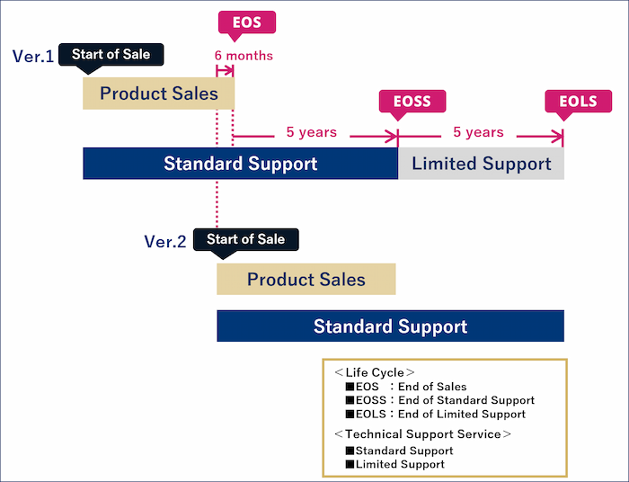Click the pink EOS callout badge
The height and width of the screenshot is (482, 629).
[247, 22]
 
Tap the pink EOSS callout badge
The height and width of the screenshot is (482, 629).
[412, 102]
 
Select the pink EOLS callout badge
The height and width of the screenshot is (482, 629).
[578, 102]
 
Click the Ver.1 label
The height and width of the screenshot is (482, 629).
[33, 56]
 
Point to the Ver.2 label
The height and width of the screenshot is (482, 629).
[164, 242]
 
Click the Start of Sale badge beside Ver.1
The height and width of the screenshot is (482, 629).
[111, 55]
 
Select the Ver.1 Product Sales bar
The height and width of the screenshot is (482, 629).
[158, 94]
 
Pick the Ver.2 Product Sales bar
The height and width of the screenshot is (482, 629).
[306, 280]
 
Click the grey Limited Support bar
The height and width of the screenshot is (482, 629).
[481, 164]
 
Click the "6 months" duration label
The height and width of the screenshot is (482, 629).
[244, 56]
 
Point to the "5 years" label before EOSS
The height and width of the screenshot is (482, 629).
[311, 132]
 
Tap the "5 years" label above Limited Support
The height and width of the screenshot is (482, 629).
[478, 132]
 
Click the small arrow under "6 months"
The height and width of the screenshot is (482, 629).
[225, 71]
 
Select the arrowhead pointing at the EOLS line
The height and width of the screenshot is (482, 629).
[558, 137]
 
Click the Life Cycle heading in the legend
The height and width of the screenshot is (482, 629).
[375, 372]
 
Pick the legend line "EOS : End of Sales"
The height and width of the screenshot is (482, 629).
[406, 387]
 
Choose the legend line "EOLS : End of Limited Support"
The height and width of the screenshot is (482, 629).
[435, 414]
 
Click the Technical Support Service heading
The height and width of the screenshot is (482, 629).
[423, 433]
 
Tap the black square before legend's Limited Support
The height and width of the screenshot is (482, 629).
[350, 464]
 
